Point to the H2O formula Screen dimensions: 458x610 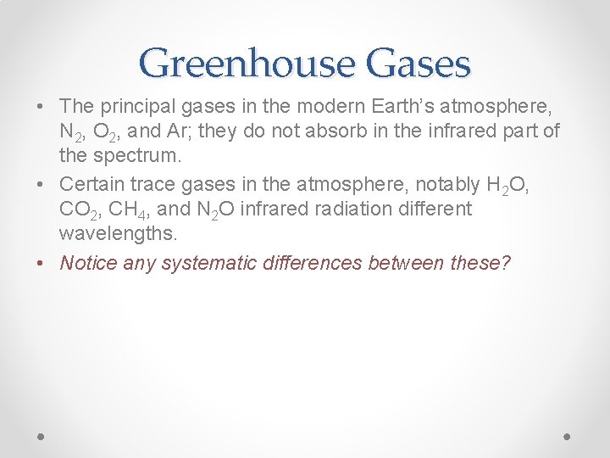506,185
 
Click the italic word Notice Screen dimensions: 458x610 88,262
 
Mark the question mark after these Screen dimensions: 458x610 506,262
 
